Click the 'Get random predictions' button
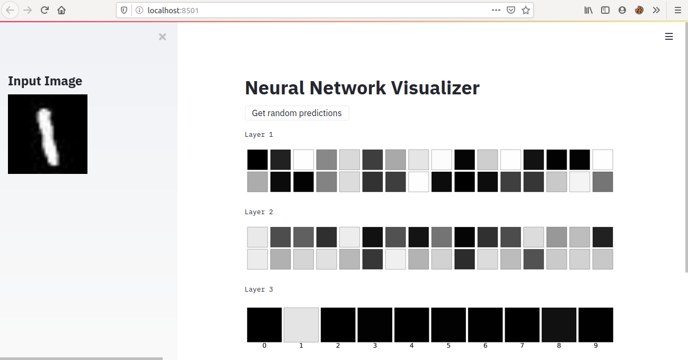pos(297,113)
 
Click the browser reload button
pos(45,10)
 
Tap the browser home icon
pos(61,10)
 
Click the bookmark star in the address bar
pos(526,10)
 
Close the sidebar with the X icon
pos(162,37)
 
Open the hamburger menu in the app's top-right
pos(669,37)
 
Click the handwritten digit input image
pos(48,134)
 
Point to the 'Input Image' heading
pos(45,81)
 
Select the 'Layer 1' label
pos(259,135)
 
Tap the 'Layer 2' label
pos(259,212)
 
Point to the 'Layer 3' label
pos(259,289)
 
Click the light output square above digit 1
pos(301,324)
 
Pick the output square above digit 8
pos(559,324)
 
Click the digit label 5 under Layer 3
pos(448,346)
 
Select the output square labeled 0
pos(264,324)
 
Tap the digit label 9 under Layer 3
pos(596,346)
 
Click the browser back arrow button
pos(11,10)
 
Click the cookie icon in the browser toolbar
pos(639,10)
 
